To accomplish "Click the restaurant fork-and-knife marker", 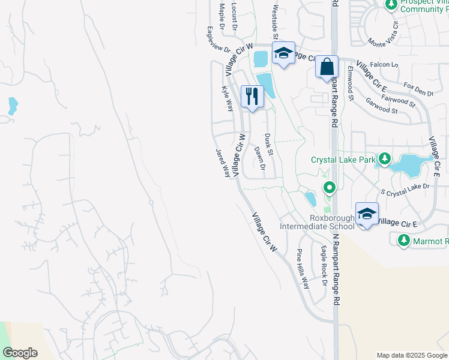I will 252,97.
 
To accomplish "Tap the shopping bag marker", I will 327,67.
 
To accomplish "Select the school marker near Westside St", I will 283,53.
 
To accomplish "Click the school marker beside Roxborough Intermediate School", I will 367,214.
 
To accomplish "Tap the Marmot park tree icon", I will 404,241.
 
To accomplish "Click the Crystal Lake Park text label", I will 342,160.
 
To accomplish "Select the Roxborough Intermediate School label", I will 316,222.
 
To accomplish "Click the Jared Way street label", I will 223,163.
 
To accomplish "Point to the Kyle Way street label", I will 228,99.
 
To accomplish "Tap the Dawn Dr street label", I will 259,158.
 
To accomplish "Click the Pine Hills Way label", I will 303,269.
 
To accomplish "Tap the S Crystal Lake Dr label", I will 405,190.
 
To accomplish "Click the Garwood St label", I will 382,106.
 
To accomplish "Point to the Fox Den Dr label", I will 418,89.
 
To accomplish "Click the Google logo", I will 20,353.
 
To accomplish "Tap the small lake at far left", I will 13,106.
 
